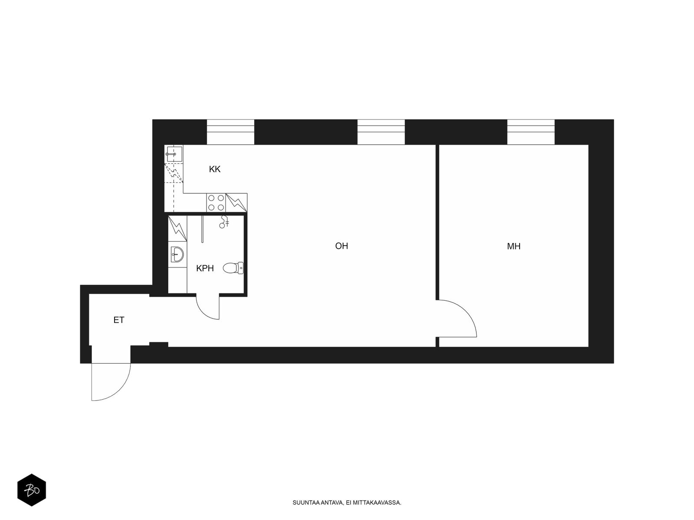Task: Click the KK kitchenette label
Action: click(214, 169)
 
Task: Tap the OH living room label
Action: click(341, 246)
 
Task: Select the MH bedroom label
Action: click(514, 246)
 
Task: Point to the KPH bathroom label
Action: click(205, 268)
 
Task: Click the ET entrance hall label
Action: click(119, 320)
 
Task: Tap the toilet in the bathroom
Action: click(233, 268)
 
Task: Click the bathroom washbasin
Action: click(177, 254)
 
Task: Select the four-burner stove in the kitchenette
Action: click(216, 203)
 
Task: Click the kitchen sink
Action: click(173, 154)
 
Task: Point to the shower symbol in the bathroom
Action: click(224, 221)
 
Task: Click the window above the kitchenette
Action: click(230, 132)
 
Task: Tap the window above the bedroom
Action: click(531, 132)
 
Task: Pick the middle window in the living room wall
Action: click(381, 132)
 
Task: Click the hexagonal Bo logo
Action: click(32, 490)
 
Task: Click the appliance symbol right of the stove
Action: click(236, 203)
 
